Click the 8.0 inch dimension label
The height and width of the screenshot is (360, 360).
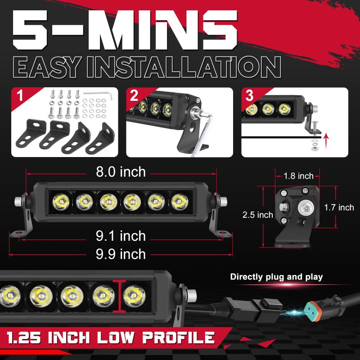pyautogui.click(x=121, y=172)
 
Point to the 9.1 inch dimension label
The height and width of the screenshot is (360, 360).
pyautogui.click(x=121, y=236)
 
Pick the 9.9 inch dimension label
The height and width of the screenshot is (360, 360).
pyautogui.click(x=121, y=254)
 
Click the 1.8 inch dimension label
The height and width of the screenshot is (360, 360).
pyautogui.click(x=298, y=175)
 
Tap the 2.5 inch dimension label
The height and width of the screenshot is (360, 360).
pyautogui.click(x=257, y=215)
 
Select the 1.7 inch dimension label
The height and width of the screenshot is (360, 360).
pyautogui.click(x=339, y=207)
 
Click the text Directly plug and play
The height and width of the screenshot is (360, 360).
pyautogui.click(x=276, y=277)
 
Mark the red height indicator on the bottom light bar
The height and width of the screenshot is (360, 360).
pyautogui.click(x=120, y=295)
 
